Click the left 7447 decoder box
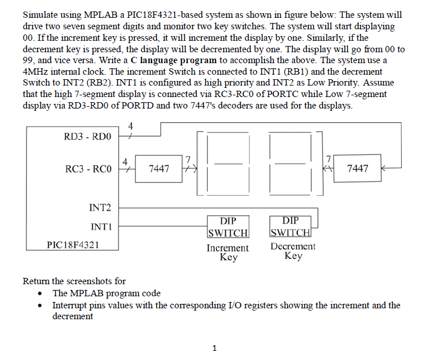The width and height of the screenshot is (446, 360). pyautogui.click(x=158, y=168)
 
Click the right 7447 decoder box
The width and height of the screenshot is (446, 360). pyautogui.click(x=358, y=168)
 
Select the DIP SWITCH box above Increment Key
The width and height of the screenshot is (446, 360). pyautogui.click(x=228, y=227)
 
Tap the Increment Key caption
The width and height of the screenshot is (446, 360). pyautogui.click(x=228, y=253)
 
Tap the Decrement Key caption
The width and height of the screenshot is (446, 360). pyautogui.click(x=293, y=251)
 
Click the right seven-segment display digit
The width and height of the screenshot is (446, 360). pyautogui.click(x=290, y=162)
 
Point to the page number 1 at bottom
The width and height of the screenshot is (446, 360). pyautogui.click(x=214, y=347)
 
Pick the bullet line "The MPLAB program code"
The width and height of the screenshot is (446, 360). pyautogui.click(x=106, y=293)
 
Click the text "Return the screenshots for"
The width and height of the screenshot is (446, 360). pyautogui.click(x=74, y=281)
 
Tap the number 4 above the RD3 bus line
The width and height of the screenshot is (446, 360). pyautogui.click(x=130, y=126)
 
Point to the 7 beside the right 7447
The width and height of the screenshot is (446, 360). pyautogui.click(x=328, y=158)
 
